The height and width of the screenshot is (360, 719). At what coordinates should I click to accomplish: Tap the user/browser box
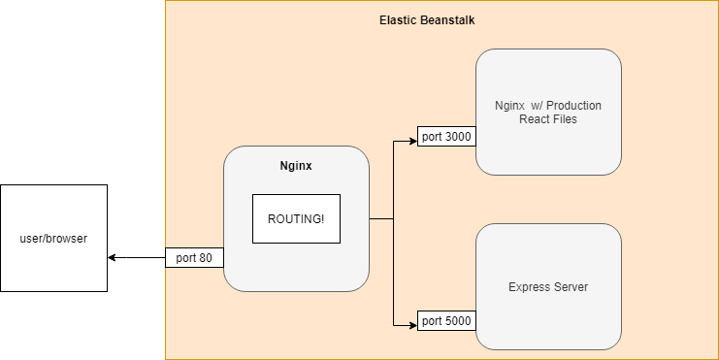(53, 238)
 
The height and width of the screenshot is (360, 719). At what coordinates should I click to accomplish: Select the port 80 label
(195, 258)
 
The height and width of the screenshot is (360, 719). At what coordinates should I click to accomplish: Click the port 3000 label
(446, 137)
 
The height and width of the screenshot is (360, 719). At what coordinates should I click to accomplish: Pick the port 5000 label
(446, 319)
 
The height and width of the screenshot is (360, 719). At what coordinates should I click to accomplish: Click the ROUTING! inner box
(296, 218)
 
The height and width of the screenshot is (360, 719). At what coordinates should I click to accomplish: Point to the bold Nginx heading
(296, 167)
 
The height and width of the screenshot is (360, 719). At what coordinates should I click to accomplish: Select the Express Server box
(548, 287)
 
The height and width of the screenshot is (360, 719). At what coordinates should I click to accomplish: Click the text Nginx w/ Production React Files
(548, 111)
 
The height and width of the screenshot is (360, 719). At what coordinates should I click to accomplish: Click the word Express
(528, 287)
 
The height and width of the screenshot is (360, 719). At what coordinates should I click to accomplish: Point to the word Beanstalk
(449, 19)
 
